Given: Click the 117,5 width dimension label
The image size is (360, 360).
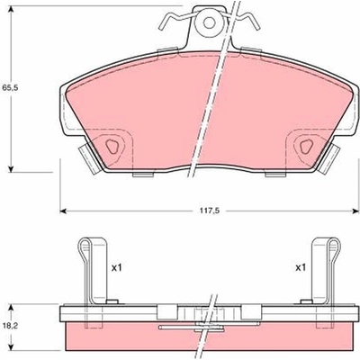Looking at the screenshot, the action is [x=210, y=211].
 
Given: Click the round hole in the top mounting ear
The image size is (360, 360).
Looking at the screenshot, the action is [x=209, y=22].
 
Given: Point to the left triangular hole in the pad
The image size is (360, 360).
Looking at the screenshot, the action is [x=112, y=147].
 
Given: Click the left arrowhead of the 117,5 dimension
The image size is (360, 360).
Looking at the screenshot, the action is [x=63, y=211].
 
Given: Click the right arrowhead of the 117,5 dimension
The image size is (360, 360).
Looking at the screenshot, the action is [x=356, y=211].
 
